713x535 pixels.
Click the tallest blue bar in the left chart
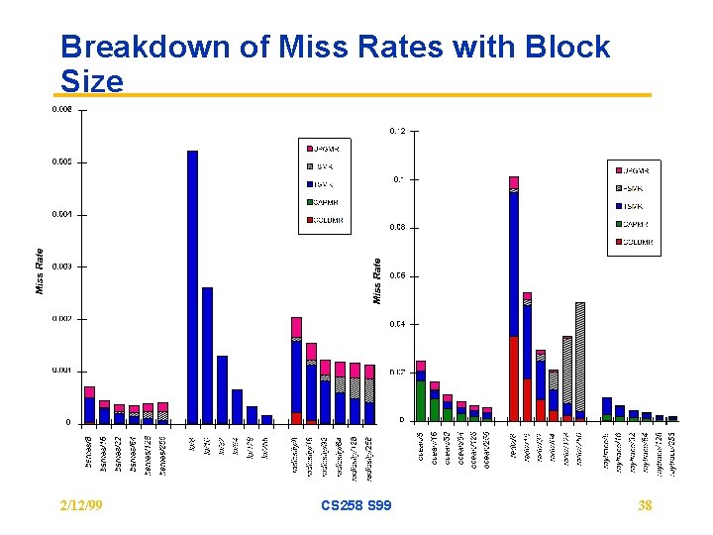click(x=192, y=287)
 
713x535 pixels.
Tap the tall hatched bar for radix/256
click(x=579, y=361)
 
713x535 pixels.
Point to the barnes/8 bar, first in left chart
click(x=89, y=405)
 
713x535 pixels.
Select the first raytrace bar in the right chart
click(x=607, y=409)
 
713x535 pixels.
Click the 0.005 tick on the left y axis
click(x=61, y=161)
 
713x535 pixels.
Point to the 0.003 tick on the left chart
click(x=61, y=267)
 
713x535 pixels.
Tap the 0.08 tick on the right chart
click(x=396, y=228)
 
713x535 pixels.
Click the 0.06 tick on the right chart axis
click(x=396, y=276)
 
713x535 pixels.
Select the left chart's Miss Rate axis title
click(x=40, y=270)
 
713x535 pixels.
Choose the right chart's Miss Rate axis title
click(x=377, y=280)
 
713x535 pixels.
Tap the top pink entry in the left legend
click(x=325, y=149)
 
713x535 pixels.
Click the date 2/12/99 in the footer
click(x=83, y=506)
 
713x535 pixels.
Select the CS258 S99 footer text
click(x=356, y=506)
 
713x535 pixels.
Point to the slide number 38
click(x=645, y=506)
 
